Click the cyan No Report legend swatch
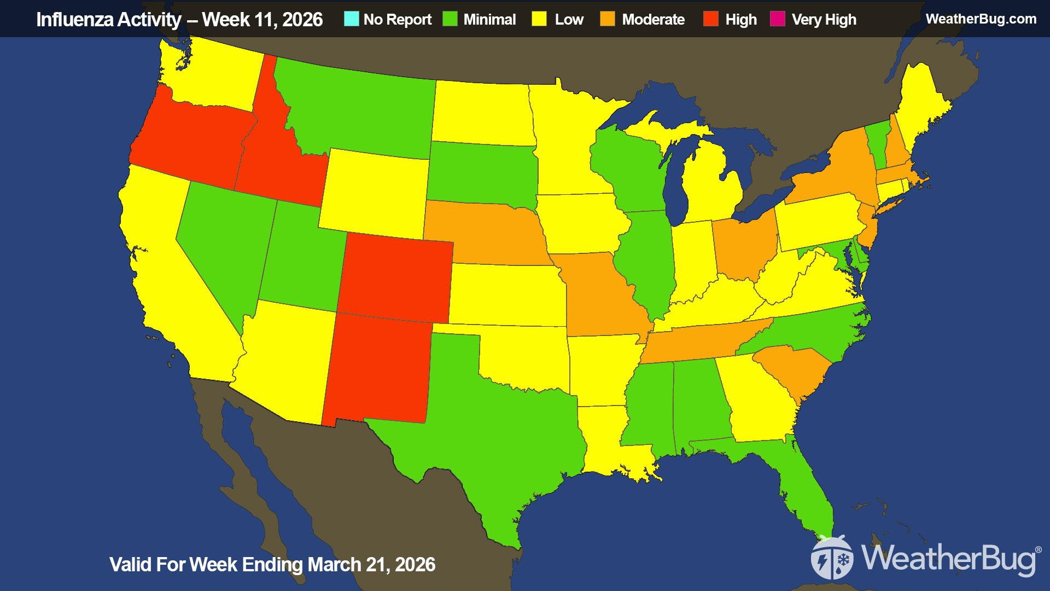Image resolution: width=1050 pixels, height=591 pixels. [352, 19]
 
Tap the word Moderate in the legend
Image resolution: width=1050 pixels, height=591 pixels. [653, 20]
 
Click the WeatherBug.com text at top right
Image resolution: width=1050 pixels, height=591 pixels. [981, 19]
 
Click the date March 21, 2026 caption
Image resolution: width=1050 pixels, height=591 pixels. [371, 564]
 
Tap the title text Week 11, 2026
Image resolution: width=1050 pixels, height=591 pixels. [262, 20]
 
